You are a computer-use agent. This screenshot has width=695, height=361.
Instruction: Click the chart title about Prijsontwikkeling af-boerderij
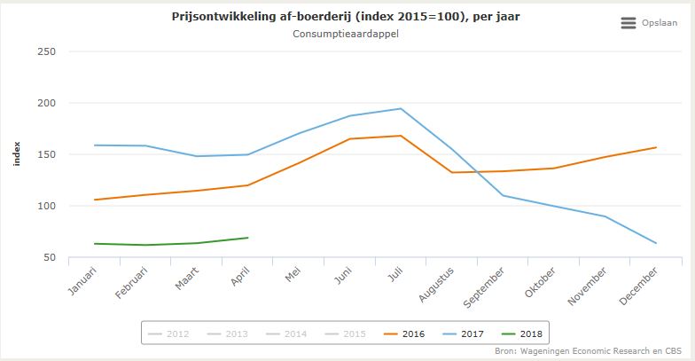click(x=347, y=17)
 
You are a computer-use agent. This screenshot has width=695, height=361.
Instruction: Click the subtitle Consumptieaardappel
click(x=347, y=35)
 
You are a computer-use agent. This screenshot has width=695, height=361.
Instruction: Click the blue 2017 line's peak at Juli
click(x=400, y=109)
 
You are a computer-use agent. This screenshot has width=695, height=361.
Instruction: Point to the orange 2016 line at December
click(x=656, y=147)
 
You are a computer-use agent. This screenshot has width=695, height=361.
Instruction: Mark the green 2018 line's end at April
click(x=247, y=238)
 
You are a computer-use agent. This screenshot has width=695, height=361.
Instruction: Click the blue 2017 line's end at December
click(x=656, y=243)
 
